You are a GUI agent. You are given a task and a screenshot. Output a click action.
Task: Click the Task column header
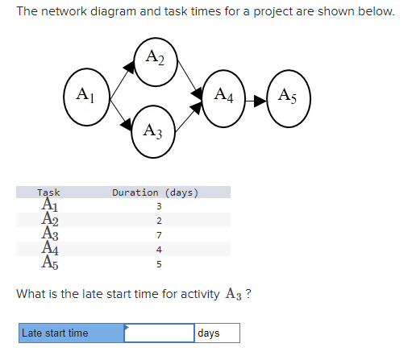tap(49, 192)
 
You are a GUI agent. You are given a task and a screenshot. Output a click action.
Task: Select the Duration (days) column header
tap(156, 192)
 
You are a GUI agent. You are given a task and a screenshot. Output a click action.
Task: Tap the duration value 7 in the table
tap(160, 234)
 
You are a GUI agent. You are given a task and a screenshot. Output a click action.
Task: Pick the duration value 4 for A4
tap(160, 249)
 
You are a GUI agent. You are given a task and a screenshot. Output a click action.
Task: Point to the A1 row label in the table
tap(49, 206)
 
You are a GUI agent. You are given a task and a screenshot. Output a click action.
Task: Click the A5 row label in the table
tap(49, 263)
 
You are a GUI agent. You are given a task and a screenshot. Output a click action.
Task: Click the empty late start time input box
tap(159, 333)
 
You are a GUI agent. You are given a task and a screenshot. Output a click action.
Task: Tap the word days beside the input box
tap(209, 333)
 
